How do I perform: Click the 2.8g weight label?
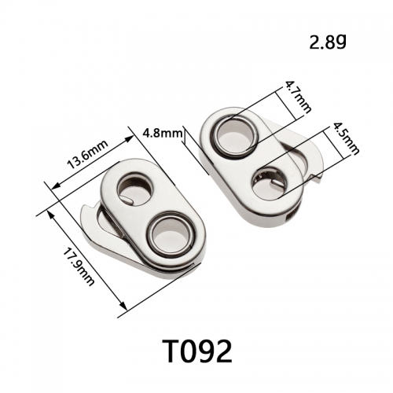click(328, 42)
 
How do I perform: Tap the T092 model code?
click(197, 351)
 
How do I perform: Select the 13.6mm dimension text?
click(88, 155)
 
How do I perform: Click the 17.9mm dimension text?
click(78, 266)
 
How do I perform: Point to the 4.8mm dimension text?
click(163, 134)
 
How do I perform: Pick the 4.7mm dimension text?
click(298, 97)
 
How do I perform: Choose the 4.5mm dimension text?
click(346, 138)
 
